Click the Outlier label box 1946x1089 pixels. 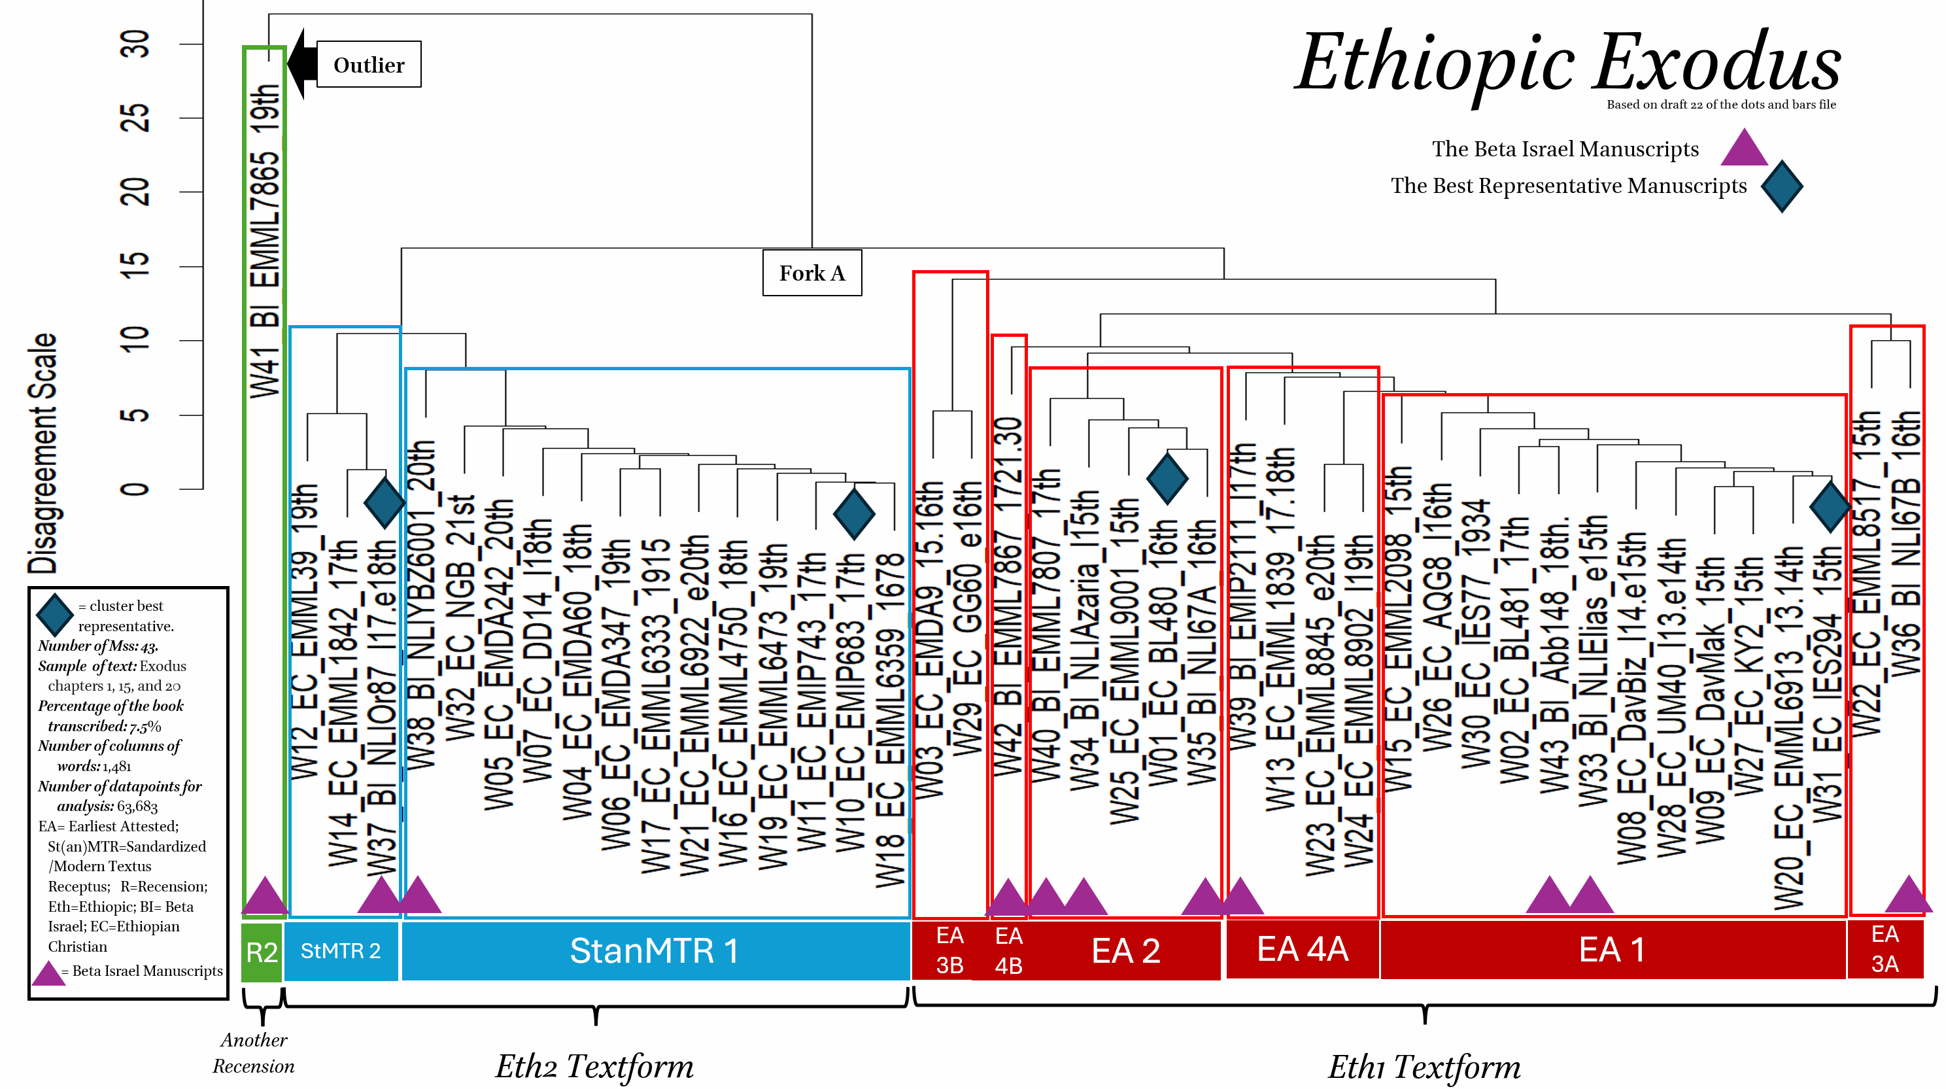(x=369, y=65)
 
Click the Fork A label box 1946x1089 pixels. (x=812, y=273)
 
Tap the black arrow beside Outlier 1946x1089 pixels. (x=302, y=64)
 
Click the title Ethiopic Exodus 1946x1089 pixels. (x=1567, y=63)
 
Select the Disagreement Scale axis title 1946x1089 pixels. (x=43, y=453)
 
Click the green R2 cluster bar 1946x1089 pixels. (x=262, y=952)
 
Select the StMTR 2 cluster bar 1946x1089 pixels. (x=341, y=951)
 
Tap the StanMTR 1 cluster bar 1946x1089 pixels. (x=654, y=951)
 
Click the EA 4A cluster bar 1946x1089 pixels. (x=1303, y=949)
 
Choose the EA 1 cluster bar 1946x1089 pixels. (x=1612, y=950)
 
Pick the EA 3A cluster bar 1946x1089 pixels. (x=1885, y=949)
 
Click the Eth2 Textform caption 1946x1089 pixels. (x=594, y=1066)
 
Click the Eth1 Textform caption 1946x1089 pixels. (x=1424, y=1066)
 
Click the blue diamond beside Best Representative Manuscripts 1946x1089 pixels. (x=1781, y=186)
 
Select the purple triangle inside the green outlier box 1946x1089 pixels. (x=264, y=896)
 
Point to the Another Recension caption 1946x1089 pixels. (x=254, y=1053)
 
